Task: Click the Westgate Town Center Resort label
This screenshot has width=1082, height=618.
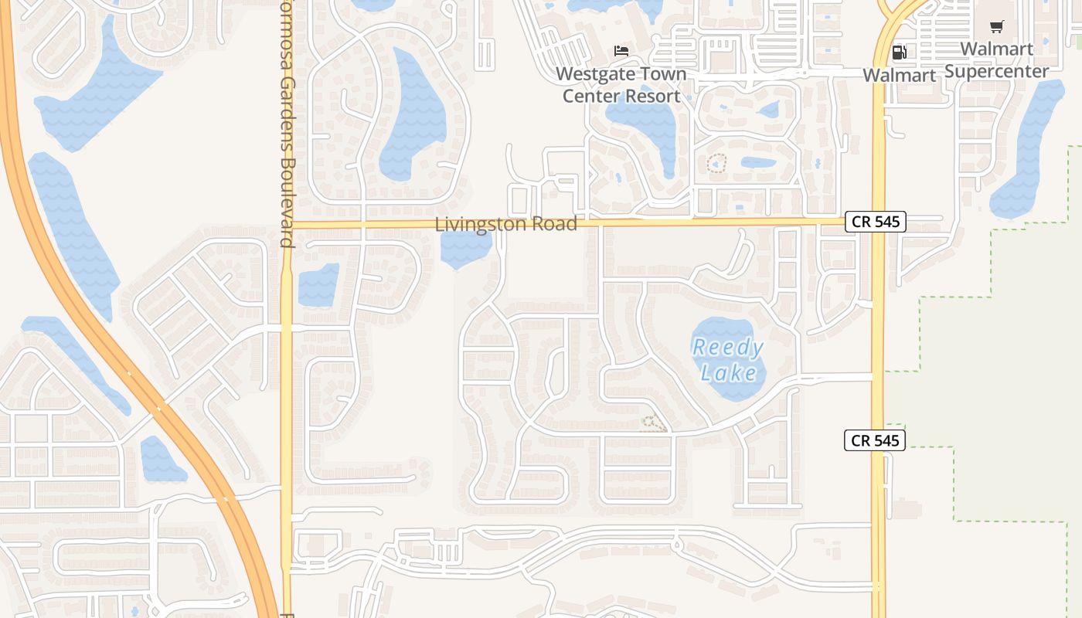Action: point(621,85)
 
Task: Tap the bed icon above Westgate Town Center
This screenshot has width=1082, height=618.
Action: point(621,51)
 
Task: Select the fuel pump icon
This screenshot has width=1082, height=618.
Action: point(899,53)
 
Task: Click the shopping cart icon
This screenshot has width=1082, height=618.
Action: point(996,27)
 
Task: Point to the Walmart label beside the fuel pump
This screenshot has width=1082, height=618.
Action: point(899,76)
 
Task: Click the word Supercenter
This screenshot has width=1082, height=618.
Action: point(997,72)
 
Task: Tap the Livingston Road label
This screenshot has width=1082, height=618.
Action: point(505,225)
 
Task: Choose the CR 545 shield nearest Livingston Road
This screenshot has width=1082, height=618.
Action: point(875,222)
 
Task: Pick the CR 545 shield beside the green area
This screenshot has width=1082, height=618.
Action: point(875,440)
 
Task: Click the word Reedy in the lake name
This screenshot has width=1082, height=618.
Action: point(728,347)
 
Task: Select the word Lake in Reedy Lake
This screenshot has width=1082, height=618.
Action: point(729,373)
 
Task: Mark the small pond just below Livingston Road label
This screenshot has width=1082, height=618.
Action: point(465,249)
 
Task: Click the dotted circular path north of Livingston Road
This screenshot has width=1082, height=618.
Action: point(717,163)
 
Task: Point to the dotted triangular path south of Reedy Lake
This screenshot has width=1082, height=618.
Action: point(654,423)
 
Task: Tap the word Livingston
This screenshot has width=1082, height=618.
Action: point(473,225)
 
